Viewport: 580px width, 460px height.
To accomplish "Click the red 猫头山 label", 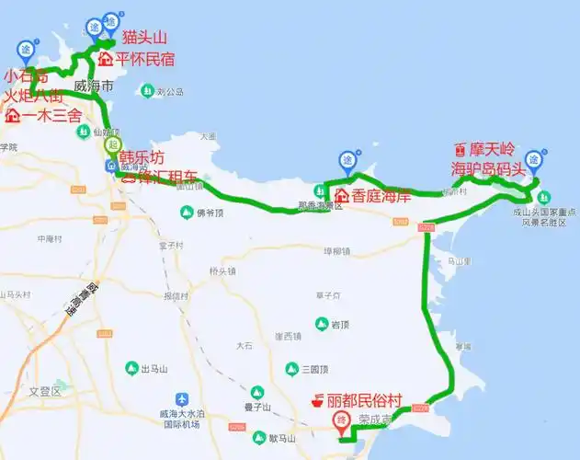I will [x=145, y=38].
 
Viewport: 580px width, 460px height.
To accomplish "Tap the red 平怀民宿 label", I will [x=144, y=59].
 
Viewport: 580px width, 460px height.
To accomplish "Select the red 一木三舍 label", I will [x=51, y=116].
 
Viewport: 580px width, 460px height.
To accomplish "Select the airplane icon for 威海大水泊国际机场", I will [x=182, y=399].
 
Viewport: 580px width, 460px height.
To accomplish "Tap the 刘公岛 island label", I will [x=169, y=92].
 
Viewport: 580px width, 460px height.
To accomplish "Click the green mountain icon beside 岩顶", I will [x=322, y=324].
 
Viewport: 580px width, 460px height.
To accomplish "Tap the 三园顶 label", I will [x=313, y=369].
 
